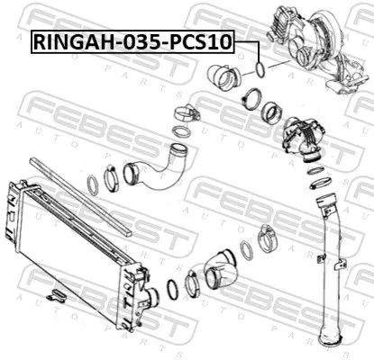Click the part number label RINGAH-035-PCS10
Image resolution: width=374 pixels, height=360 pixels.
tap(134, 40)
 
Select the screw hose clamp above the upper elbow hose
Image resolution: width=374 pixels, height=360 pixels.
tap(185, 114)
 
